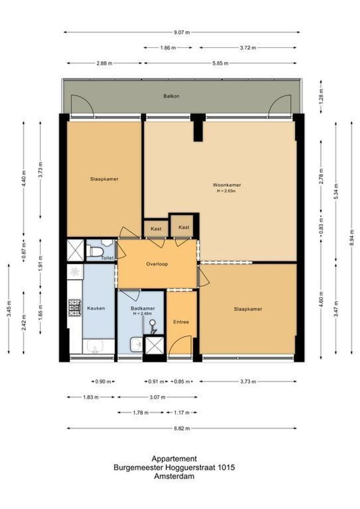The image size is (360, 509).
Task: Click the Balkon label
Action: pyautogui.click(x=172, y=96)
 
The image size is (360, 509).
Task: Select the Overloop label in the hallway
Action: pyautogui.click(x=156, y=264)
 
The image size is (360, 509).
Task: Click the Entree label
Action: pyautogui.click(x=181, y=322)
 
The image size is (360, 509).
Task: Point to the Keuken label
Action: pyautogui.click(x=96, y=308)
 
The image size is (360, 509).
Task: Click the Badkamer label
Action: pyautogui.click(x=142, y=309)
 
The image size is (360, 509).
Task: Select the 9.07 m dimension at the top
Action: pyautogui.click(x=181, y=33)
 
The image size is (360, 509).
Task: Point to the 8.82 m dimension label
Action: pyautogui.click(x=181, y=428)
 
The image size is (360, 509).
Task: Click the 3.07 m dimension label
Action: pyautogui.click(x=158, y=397)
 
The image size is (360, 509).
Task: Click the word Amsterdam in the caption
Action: pyautogui.click(x=174, y=476)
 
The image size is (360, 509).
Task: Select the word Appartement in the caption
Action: pyautogui.click(x=174, y=459)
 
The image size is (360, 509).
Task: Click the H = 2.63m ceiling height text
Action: pyautogui.click(x=223, y=191)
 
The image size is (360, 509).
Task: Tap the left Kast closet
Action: pyautogui.click(x=156, y=229)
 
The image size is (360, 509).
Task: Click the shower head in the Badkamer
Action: pyautogui.click(x=152, y=323)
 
